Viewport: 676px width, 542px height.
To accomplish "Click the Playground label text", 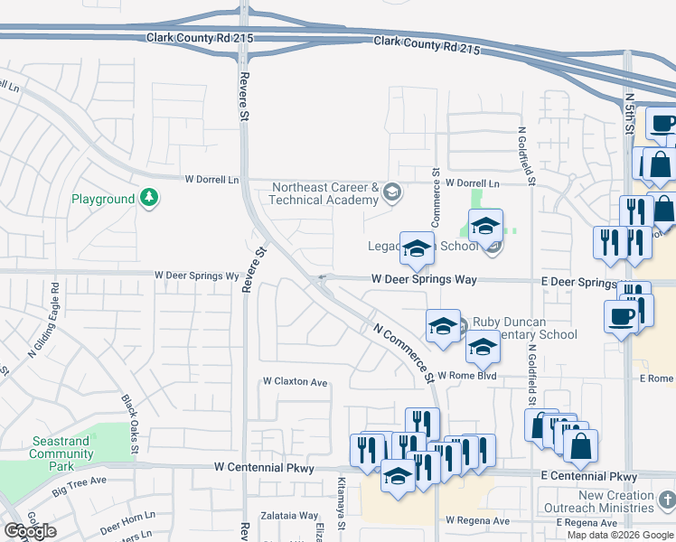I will coord(103,199).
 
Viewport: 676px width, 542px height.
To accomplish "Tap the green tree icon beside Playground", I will coord(149,198).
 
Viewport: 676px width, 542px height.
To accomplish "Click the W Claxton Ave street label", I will coord(295,382).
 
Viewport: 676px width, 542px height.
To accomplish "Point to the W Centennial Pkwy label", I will coord(264,468).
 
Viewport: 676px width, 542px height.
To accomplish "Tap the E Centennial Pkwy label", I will coord(589,476).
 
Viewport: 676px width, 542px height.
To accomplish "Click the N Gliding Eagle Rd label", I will coord(55,313).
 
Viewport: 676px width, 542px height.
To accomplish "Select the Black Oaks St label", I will coord(129,424).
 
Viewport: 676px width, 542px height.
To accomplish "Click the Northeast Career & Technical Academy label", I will coord(325,193).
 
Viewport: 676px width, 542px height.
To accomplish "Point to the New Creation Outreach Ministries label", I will coord(616,501).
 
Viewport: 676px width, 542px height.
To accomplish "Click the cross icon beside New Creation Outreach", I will coord(666,500).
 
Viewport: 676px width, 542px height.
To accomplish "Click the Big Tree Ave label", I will coord(79,486).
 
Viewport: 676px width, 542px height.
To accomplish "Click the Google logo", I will coord(30,531).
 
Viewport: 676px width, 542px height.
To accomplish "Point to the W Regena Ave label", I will coord(477,521).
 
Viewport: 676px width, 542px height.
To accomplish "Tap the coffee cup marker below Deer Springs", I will coord(621,318).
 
